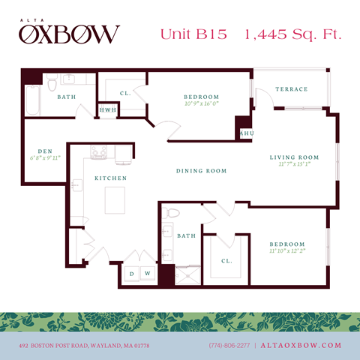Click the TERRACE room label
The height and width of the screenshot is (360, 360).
(291, 89)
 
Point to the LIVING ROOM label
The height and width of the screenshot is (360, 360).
(294, 157)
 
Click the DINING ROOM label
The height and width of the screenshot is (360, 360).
(201, 171)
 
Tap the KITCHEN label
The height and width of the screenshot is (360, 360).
(109, 178)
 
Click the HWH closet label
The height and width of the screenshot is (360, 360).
(108, 110)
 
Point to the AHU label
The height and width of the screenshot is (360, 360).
(244, 133)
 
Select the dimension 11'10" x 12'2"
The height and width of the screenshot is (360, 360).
(288, 251)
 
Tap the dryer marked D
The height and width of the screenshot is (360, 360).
(133, 274)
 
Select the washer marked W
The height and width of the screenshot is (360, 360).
(147, 274)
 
